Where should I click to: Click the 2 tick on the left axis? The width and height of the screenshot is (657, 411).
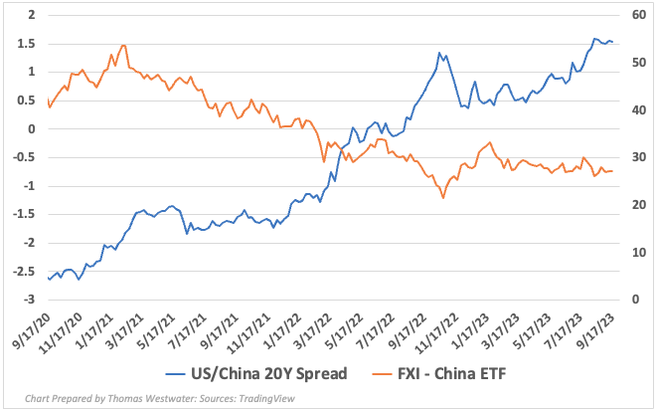32,15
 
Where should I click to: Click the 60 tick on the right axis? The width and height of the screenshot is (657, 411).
632,15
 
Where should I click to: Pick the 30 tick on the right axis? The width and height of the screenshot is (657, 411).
632,157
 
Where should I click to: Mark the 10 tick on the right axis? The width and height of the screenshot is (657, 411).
632,253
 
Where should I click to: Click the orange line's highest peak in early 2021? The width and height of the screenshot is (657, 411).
122,45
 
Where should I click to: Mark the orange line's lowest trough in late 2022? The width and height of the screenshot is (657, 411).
442,198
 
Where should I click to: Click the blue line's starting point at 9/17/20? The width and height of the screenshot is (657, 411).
48,278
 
